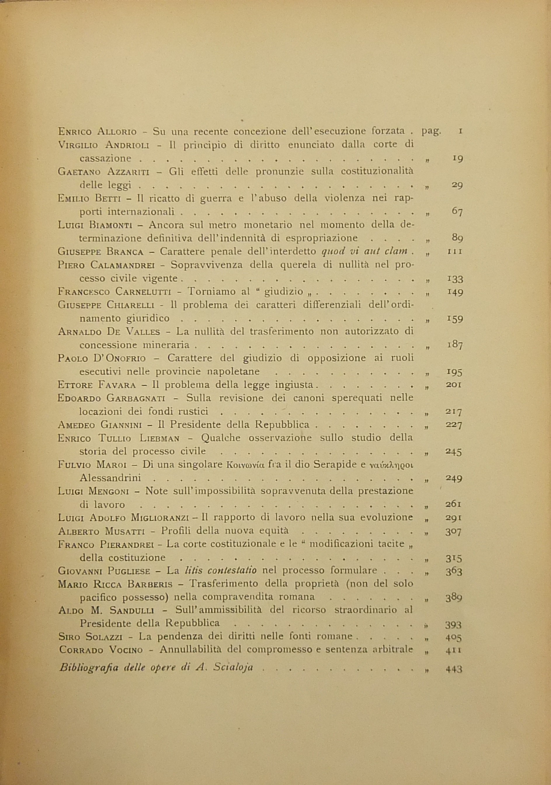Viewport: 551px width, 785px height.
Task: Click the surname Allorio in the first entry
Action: [x=117, y=132]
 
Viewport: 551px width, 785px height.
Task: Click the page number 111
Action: [x=455, y=252]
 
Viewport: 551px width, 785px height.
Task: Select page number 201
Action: [x=454, y=385]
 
